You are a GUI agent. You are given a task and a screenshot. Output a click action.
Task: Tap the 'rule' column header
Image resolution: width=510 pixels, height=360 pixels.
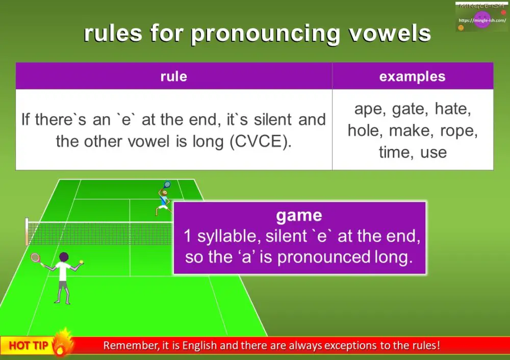click(173, 76)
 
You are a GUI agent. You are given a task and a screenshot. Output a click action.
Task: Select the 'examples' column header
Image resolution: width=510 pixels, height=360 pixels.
click(412, 76)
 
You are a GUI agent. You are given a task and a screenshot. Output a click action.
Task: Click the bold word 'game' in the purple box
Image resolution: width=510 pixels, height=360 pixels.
click(299, 215)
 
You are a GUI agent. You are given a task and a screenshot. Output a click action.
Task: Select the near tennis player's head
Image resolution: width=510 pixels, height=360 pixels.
click(64, 256)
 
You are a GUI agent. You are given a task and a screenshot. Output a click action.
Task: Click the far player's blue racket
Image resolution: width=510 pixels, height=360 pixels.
click(166, 185)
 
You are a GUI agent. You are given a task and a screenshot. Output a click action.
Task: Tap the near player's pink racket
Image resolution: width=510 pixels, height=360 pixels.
click(35, 258)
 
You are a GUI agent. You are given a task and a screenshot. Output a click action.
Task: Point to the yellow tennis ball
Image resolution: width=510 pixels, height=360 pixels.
click(81, 262)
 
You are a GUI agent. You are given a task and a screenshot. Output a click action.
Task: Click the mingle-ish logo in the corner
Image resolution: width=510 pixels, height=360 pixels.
click(481, 17)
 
